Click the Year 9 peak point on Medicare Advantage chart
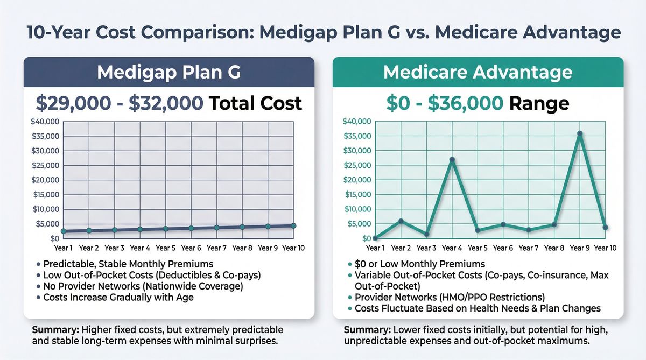pos(580,133)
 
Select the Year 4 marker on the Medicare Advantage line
pos(452,159)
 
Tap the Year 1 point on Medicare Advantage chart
pos(375,238)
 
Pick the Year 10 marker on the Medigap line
pos(293,225)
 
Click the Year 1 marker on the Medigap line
pos(64,231)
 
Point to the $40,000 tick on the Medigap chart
pos(46,121)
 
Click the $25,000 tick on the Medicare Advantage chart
pos(357,165)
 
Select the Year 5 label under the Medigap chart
pos(165,248)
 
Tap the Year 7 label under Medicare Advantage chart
pos(529,248)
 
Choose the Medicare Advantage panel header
pos(478,72)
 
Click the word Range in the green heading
pos(540,103)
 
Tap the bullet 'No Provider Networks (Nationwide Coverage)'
pos(143,286)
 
